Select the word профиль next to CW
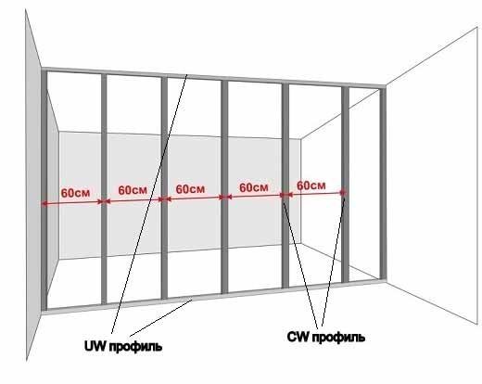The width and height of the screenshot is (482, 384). point(338,338)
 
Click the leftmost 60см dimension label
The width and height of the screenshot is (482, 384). point(75,193)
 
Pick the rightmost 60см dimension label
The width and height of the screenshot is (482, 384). point(311,186)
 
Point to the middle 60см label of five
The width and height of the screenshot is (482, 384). point(190,189)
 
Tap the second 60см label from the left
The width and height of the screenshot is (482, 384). point(133,190)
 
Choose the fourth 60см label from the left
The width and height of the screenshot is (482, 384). point(254,187)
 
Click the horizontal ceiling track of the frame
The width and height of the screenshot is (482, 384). point(214,77)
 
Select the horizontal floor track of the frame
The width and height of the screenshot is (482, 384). point(214,296)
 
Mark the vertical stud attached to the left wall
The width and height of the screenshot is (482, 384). point(44,190)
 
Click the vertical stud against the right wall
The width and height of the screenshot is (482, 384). point(383,185)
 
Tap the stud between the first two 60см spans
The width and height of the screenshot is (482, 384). point(104,188)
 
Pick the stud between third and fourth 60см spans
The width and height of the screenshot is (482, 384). point(224,186)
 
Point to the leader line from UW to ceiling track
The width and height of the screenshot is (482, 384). point(149,204)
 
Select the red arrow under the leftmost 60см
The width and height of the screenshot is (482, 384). point(72,202)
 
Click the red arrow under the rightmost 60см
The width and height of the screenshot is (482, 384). point(313,194)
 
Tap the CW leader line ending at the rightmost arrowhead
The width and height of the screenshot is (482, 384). point(333,260)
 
